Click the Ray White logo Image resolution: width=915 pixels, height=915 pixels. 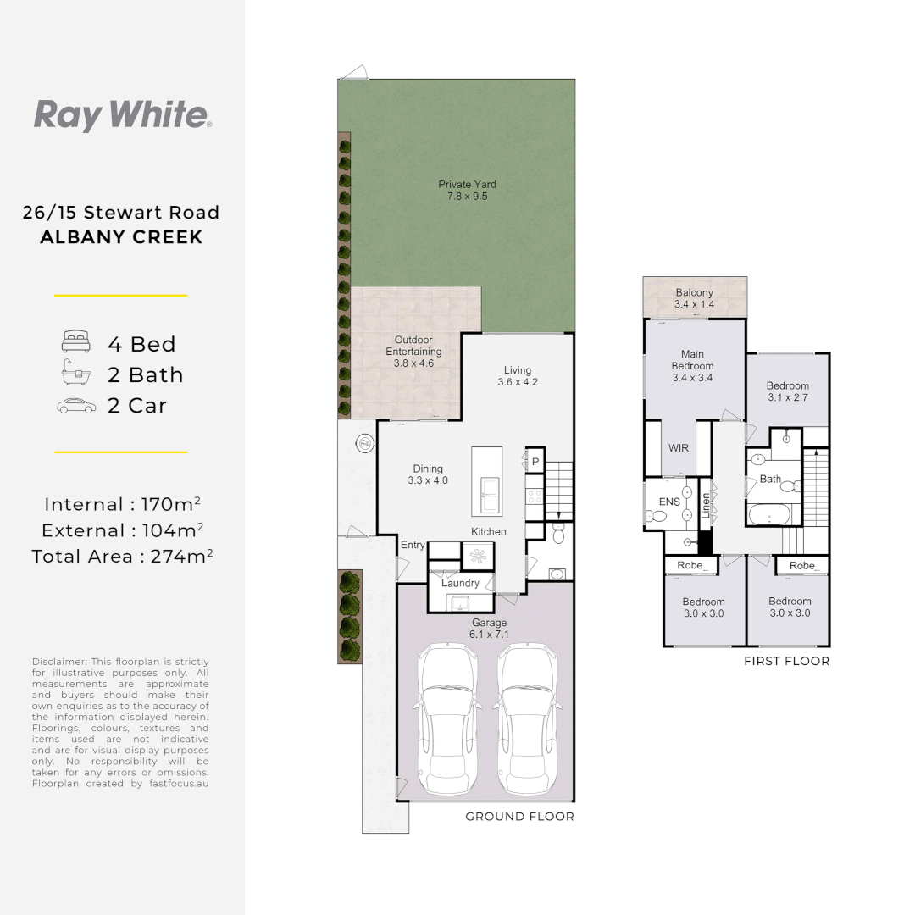[x=122, y=115]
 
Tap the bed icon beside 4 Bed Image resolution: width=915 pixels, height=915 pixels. [x=75, y=344]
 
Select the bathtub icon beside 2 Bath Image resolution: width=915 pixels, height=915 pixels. [x=75, y=374]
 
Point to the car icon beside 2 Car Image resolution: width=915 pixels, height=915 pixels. [x=75, y=406]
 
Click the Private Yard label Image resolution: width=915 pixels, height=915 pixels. [x=467, y=190]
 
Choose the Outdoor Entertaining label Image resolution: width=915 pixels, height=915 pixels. [x=413, y=352]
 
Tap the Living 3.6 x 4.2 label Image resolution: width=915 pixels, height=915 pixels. [x=518, y=375]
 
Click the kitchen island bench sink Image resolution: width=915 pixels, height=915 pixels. [x=491, y=494]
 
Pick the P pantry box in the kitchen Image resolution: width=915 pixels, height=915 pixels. [x=535, y=461]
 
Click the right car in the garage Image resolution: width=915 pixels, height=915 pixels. [x=525, y=720]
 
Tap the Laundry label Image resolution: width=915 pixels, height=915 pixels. [x=460, y=583]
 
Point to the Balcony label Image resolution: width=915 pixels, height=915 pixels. [x=695, y=298]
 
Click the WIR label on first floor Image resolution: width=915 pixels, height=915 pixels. [x=679, y=447]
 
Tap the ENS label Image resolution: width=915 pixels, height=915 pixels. [x=669, y=502]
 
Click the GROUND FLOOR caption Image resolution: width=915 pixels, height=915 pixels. [x=519, y=817]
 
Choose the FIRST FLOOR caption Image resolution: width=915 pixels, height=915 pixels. [x=786, y=661]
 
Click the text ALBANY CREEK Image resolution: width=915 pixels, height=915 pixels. [x=121, y=237]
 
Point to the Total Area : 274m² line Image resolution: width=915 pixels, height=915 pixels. [x=122, y=557]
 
